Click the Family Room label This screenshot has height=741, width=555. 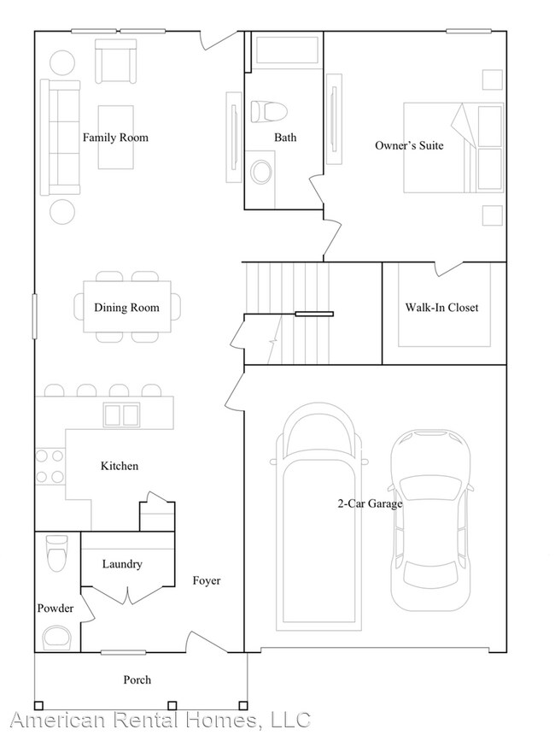[x=115, y=138]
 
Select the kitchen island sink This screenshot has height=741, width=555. [x=121, y=415]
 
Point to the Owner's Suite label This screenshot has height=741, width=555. [x=409, y=145]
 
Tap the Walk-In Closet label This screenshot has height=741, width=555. [x=441, y=308]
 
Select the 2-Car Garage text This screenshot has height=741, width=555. [x=369, y=503]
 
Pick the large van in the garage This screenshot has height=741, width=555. [x=318, y=513]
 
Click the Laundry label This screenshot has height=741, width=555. [x=122, y=564]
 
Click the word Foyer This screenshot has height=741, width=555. [x=207, y=581]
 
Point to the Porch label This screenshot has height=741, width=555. [x=137, y=679]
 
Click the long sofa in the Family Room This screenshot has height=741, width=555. [x=60, y=138]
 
